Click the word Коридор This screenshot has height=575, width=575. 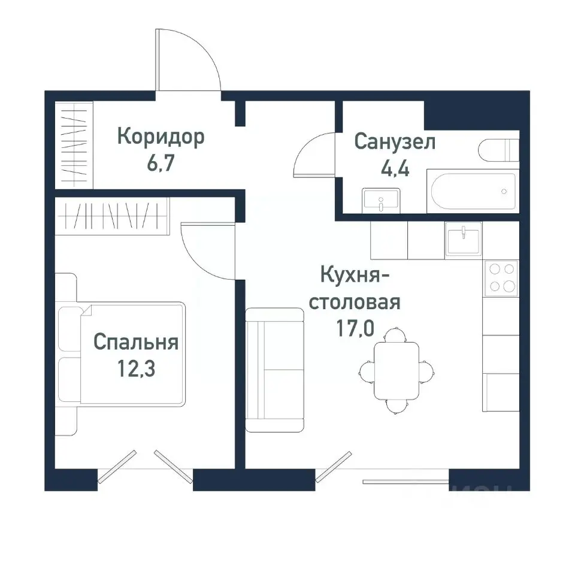pos(161,137)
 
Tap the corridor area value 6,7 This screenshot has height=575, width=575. pos(160,164)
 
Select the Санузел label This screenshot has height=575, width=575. pos(395,143)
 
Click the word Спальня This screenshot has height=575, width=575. pos(136,343)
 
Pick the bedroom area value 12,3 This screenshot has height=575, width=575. pos(136,368)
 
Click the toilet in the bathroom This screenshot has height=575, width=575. pos(499,150)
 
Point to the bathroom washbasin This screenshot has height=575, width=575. pos(381,199)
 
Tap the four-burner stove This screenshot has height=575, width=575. pos(501,278)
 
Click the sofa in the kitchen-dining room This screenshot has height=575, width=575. pos(274,370)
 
